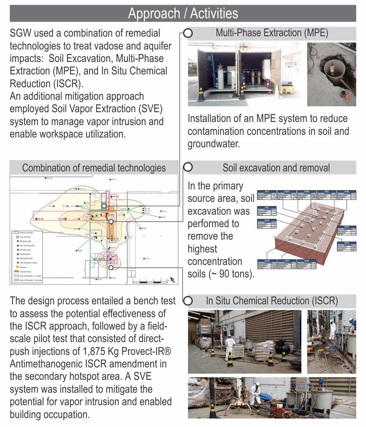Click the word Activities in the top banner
214,14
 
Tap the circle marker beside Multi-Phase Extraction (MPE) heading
188,33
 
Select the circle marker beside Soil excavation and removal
188,168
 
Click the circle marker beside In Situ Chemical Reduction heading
188,301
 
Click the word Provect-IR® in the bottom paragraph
148,351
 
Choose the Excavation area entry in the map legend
29,271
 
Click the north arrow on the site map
173,279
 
